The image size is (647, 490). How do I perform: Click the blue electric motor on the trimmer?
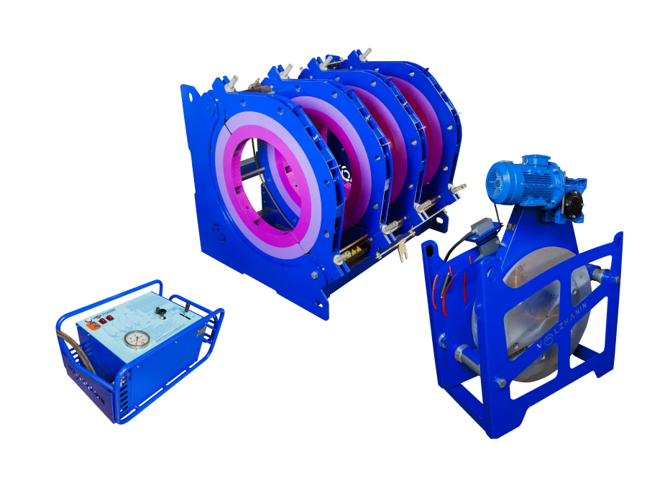point(518,177)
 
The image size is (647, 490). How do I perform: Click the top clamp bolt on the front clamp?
point(231,85)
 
